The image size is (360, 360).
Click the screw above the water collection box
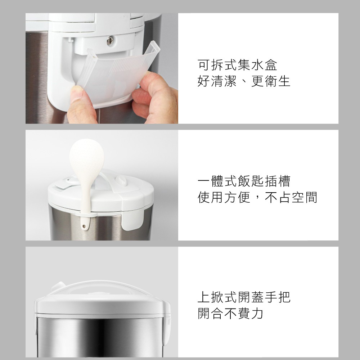coord(110,41)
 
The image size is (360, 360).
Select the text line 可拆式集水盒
coord(237,65)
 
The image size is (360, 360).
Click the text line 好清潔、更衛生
coord(244,81)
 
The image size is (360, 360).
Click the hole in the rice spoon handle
coord(84,226)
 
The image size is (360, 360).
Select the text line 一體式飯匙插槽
coord(244,181)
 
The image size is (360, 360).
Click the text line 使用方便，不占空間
coord(257,197)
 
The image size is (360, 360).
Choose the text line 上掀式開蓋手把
coord(244,297)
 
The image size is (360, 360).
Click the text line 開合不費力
coord(230,313)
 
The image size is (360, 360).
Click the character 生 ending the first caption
coord(284,81)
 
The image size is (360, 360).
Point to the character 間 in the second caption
coord(311,197)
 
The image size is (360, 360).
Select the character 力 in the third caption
coord(257,313)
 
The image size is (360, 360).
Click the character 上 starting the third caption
coord(204,297)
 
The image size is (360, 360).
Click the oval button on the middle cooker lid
coord(121,180)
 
